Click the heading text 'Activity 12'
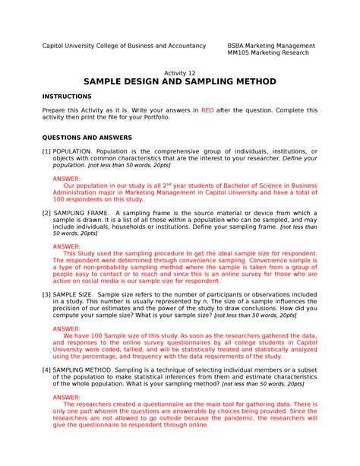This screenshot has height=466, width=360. (180, 73)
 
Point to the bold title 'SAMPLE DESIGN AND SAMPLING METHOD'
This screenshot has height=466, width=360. (180, 82)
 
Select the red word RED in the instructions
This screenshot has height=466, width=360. (208, 110)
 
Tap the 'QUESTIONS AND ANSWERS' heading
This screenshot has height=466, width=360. (87, 138)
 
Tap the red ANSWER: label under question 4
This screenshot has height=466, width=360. (66, 396)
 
